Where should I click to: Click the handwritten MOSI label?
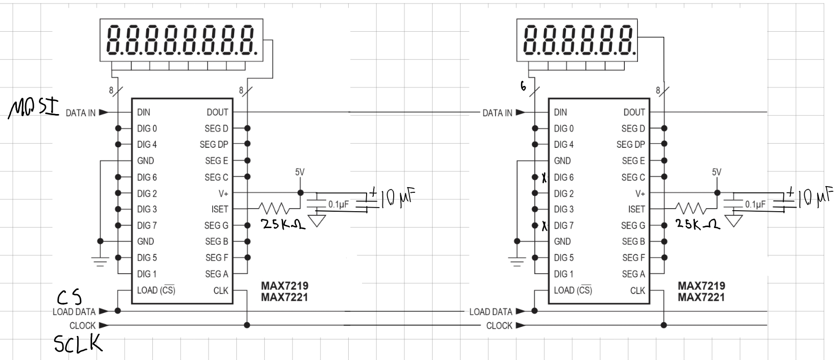[x=34, y=108]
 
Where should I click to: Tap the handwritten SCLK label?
[x=78, y=344]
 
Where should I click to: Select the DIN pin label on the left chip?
[x=144, y=112]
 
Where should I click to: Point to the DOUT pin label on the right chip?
[x=634, y=112]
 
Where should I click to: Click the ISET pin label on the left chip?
[x=219, y=209]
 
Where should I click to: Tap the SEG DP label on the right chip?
[x=631, y=144]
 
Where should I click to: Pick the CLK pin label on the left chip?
[x=220, y=290]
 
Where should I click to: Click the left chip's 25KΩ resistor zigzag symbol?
[x=274, y=208]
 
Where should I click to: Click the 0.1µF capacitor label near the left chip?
[x=338, y=205]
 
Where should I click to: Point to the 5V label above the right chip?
[x=716, y=172]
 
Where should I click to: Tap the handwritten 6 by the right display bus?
[x=523, y=86]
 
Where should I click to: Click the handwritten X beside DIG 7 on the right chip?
[x=544, y=226]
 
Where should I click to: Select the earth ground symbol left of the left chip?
[x=100, y=261]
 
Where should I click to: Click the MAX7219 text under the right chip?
[x=702, y=286]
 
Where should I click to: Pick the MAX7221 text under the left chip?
[x=284, y=298]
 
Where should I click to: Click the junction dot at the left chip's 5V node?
[x=300, y=193]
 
